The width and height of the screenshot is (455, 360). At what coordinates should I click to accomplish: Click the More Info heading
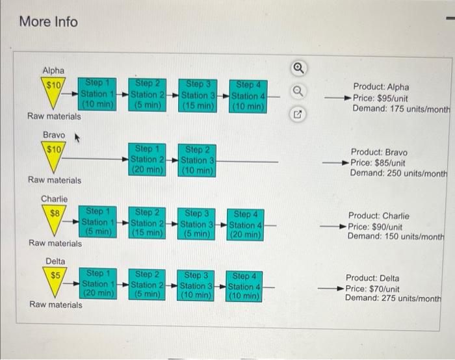point(49,21)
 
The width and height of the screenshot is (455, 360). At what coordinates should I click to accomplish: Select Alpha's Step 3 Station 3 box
point(198,96)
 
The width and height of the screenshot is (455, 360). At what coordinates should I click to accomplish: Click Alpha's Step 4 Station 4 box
point(248,96)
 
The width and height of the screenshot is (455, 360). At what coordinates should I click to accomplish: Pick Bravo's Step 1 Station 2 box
point(148,160)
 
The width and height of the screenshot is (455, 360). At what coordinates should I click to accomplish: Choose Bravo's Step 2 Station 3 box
point(197,161)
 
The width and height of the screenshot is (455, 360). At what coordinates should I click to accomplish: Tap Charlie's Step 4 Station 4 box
point(246,225)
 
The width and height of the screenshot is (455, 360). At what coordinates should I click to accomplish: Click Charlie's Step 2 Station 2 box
point(147,223)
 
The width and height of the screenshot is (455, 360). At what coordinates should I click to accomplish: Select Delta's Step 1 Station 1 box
point(98,284)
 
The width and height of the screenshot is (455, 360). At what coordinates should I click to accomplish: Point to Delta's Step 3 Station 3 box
point(196,286)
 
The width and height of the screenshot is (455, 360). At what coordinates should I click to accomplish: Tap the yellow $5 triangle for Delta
point(55,281)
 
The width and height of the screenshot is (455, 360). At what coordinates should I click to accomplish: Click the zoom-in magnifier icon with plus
point(298,68)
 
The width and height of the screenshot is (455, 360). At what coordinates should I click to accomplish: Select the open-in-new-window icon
point(298,114)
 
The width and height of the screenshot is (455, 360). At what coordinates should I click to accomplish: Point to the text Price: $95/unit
point(380,98)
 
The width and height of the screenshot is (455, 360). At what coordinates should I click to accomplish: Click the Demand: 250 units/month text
point(398,174)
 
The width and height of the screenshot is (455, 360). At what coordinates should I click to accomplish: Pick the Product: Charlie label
point(379,216)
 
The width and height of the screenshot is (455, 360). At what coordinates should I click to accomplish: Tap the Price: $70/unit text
point(372,289)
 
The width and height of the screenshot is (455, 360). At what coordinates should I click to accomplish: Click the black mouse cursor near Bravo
point(77,138)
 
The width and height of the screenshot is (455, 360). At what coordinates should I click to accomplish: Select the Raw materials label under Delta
point(56,305)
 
